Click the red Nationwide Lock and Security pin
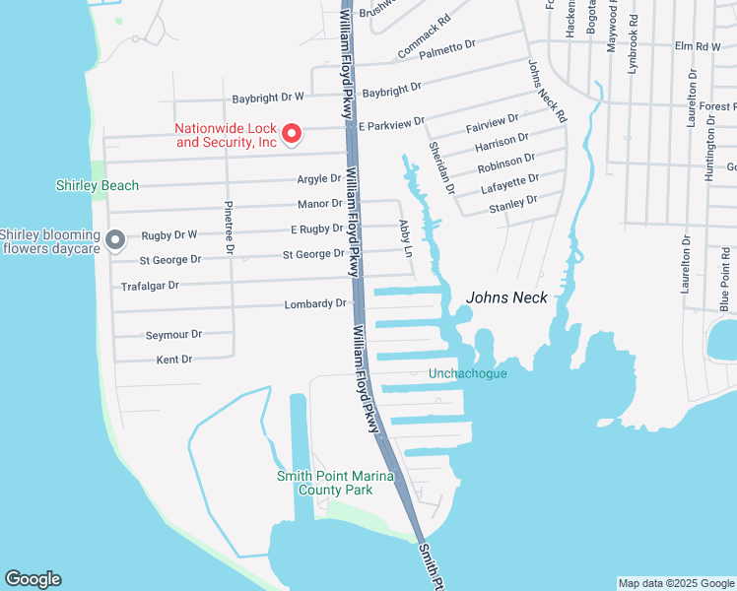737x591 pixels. pos(291,133)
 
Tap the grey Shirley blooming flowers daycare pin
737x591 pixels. pos(114,239)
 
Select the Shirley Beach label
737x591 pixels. pos(97,185)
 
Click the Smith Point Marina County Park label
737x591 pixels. pos(335,483)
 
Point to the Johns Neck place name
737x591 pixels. pos(506,296)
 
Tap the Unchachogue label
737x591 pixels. pos(468,373)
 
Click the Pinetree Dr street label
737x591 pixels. pos(228,229)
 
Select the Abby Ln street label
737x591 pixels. pos(405,238)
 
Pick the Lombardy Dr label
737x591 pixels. pos(315,304)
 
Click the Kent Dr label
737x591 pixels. pos(173,361)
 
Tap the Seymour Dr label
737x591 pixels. pos(173,335)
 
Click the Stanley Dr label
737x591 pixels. pos(512,203)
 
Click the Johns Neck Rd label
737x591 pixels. pos(548,91)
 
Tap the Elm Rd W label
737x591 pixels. pos(698,46)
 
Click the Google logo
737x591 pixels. pos(33,579)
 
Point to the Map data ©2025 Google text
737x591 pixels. pos(675,583)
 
